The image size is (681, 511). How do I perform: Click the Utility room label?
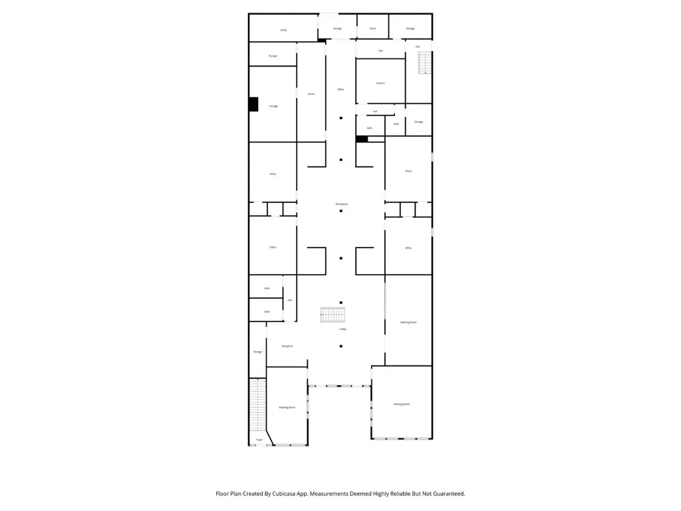[283, 30]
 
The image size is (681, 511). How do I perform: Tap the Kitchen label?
[380, 83]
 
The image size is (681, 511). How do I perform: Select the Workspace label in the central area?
[341, 204]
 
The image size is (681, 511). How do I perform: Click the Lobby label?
[342, 329]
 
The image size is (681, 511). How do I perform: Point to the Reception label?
[288, 346]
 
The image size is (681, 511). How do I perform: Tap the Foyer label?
[259, 440]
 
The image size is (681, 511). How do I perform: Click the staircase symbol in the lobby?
[333, 315]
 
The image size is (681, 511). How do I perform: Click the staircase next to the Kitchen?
[424, 63]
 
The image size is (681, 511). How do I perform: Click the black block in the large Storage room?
[253, 104]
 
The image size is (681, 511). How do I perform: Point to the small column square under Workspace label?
[341, 212]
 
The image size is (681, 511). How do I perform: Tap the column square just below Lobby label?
[341, 346]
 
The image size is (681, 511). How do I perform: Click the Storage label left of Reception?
[257, 352]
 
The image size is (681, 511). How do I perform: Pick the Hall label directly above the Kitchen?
[380, 51]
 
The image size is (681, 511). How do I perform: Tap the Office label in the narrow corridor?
[340, 89]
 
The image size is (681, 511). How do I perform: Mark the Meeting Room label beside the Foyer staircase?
[287, 407]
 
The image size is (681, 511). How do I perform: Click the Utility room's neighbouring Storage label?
[337, 29]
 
